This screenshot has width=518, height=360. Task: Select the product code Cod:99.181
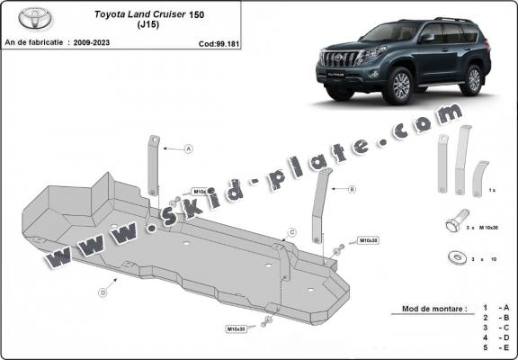[219, 42]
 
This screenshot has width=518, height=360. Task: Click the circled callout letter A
[189, 148]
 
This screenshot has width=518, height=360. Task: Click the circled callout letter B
[352, 189]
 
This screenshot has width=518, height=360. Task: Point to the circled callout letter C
[292, 232]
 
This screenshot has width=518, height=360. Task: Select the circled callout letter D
[103, 292]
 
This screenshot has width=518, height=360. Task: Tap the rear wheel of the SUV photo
[473, 80]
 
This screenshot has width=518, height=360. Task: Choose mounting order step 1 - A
[499, 309]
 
